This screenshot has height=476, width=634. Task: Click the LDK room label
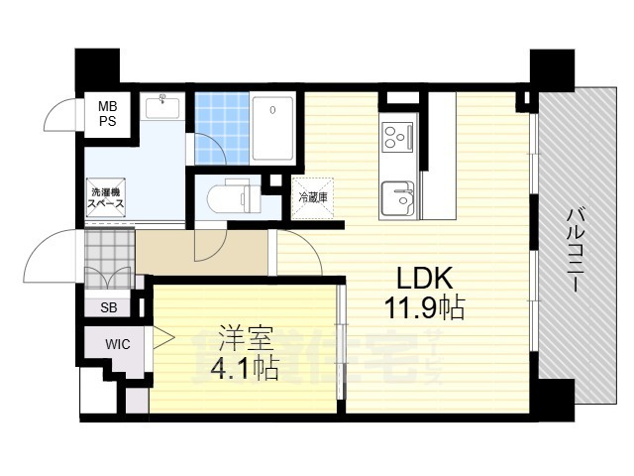424,277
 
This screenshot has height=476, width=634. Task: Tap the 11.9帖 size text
424,308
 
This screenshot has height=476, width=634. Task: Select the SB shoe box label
107,307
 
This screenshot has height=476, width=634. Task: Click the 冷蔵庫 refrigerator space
313,197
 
